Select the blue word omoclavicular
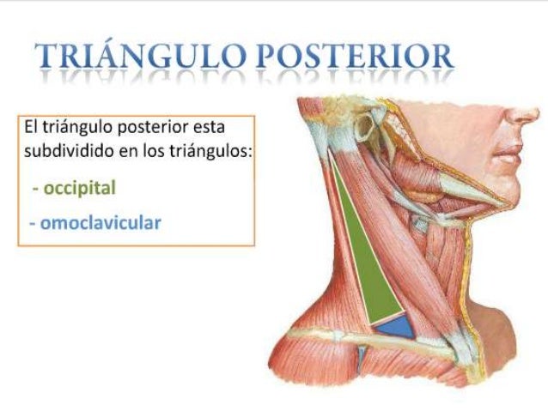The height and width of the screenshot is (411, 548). pos(99,222)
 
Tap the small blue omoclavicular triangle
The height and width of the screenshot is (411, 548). pos(391,325)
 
